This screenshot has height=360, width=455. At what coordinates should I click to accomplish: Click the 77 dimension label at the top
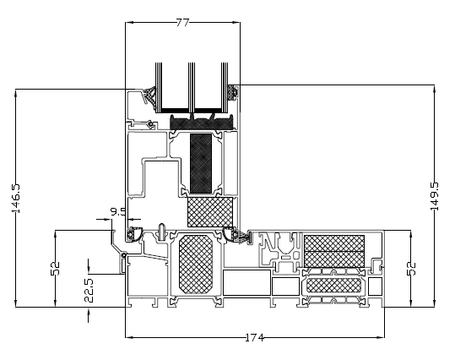pos(183,22)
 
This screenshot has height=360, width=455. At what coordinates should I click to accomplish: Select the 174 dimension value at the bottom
pos(254,338)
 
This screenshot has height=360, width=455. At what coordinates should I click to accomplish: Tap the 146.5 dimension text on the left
pos(16,198)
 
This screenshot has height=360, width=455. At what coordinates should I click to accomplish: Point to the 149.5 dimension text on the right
pos(435,196)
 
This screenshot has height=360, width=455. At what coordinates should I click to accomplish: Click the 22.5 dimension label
pos(89,290)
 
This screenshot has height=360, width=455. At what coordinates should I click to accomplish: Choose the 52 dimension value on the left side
pos(55,268)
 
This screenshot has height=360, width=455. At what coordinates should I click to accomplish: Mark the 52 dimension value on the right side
pos(411,268)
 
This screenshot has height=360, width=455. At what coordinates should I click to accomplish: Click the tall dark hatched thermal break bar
pos(201,163)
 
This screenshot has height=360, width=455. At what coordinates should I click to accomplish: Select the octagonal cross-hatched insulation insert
pos(196,265)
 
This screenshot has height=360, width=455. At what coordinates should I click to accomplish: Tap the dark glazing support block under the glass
pos(202,122)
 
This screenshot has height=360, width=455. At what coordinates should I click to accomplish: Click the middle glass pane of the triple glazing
pos(192,87)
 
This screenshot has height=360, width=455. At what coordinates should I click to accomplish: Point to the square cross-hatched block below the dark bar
pos(210,212)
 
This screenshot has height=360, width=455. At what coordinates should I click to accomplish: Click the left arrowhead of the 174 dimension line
pos(129,338)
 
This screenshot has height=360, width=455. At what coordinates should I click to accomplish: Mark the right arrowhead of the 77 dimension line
pos(236,22)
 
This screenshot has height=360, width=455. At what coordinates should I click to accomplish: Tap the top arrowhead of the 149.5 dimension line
pos(435,89)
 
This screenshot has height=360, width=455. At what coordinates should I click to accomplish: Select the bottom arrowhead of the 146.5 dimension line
pos(16,303)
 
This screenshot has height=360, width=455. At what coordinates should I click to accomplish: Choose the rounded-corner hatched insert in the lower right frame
pos(334,286)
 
